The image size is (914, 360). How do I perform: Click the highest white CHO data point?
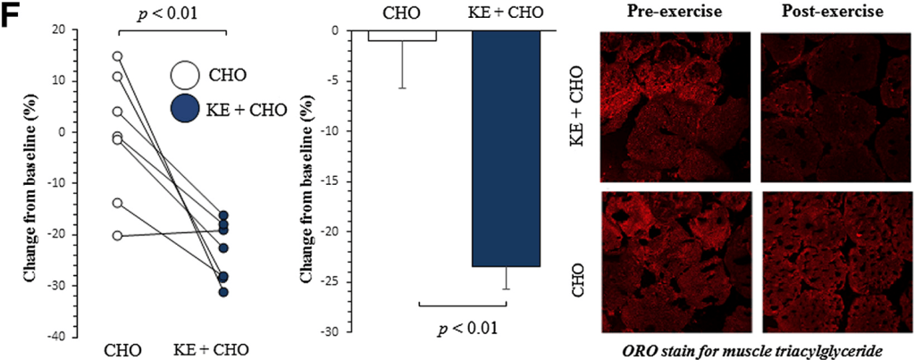coord(117,56)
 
